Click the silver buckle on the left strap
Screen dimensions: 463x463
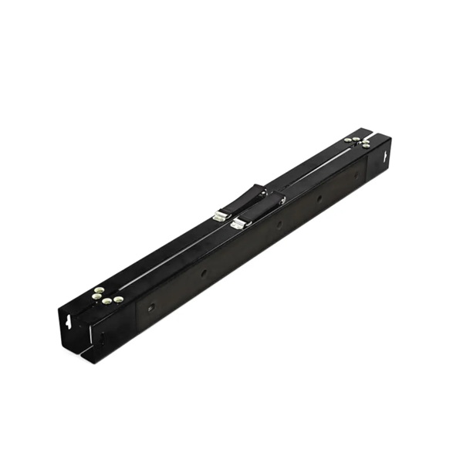tap(220, 217)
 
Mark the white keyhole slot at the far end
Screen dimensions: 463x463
tap(384, 157)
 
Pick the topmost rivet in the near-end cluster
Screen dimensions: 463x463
tap(99, 290)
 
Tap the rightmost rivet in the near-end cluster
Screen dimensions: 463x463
tap(119, 299)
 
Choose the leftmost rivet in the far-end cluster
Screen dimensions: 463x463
tap(348, 140)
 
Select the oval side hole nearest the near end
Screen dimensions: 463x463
tap(151, 306)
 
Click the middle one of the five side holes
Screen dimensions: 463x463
tap(279, 225)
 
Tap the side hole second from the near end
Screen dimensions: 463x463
tap(204, 272)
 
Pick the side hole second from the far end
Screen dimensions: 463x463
tap(319, 198)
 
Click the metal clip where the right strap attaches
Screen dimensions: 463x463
tap(281, 200)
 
